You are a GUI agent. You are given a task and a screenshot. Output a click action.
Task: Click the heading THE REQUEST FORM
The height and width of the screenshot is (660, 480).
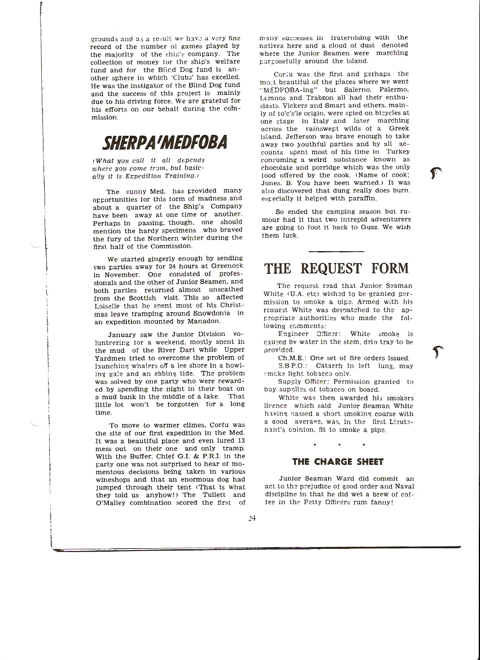[337, 268]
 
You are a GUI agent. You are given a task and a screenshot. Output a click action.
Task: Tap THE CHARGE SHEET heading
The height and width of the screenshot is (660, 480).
[338, 461]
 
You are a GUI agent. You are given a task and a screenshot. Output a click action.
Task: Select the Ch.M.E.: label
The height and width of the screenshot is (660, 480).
[292, 358]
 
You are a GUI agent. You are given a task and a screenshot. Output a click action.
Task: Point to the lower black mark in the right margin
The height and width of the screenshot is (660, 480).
[435, 353]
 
